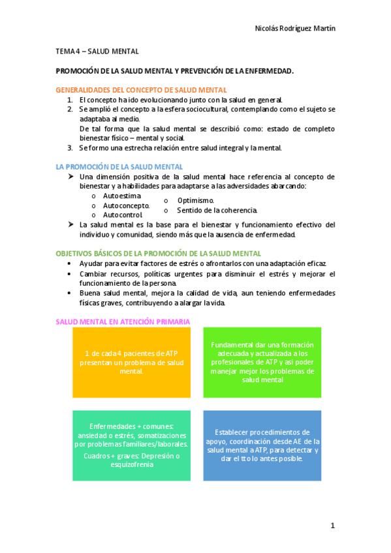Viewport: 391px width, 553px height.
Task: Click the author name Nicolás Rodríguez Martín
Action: tap(298, 29)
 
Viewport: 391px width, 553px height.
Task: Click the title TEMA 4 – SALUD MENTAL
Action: tap(97, 50)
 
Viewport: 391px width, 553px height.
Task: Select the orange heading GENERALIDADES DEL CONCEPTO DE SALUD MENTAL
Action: tap(141, 90)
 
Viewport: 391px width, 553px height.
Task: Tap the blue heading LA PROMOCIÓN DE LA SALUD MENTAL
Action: tap(119, 167)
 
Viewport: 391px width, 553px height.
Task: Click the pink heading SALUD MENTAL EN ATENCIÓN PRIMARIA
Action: tap(123, 321)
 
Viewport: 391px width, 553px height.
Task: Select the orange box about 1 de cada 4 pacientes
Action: tap(131, 363)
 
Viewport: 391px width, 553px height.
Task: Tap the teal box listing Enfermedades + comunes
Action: tap(131, 445)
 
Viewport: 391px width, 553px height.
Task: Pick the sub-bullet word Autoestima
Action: tap(122, 196)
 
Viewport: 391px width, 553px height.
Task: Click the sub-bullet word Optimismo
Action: tap(196, 201)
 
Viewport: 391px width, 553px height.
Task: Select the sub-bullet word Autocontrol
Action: tap(123, 215)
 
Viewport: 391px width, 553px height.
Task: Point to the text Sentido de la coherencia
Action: tap(217, 210)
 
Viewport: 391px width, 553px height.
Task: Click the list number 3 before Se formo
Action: tap(70, 147)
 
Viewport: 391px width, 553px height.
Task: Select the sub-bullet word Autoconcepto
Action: tap(126, 205)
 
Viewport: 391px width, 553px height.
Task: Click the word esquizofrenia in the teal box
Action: tap(131, 465)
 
